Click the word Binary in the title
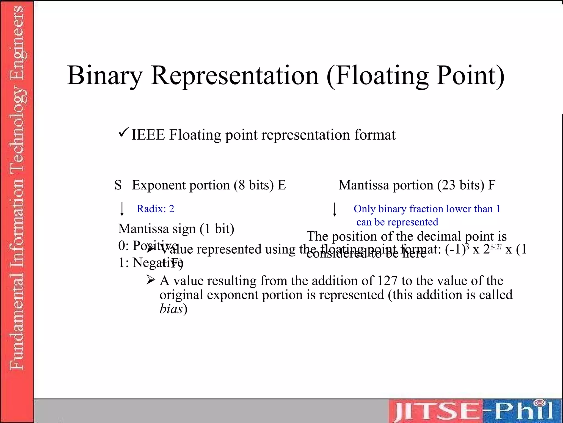coord(105,76)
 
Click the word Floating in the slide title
coord(382,76)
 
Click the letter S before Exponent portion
coord(118,185)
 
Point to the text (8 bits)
coord(254,185)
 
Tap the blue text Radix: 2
coord(155,209)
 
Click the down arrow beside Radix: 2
coord(122,209)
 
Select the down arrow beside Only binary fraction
coord(335,210)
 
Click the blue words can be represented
coord(397,222)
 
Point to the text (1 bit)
coord(217,229)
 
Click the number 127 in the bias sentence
coord(387,281)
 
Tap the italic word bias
coord(171,309)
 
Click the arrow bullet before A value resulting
coord(151,280)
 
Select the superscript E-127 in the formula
coord(496,246)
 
